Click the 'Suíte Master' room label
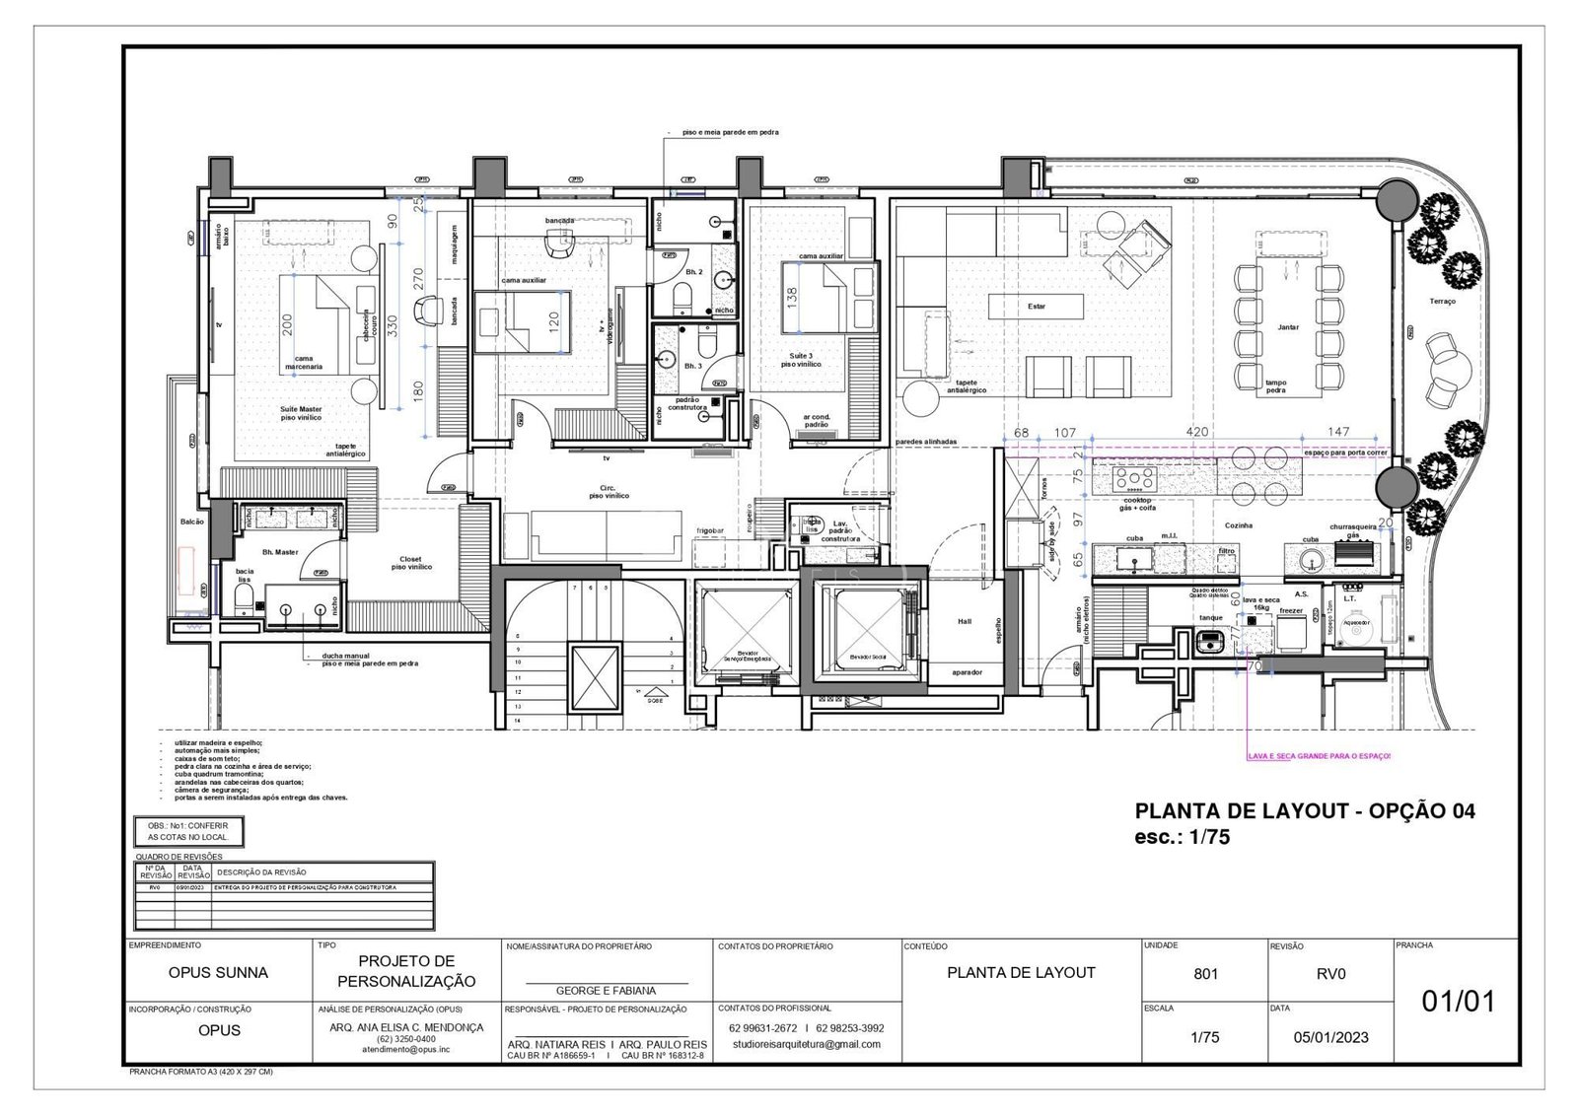click(x=301, y=409)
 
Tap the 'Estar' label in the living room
click(x=1037, y=307)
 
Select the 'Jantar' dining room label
click(x=1288, y=327)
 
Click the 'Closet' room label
click(x=411, y=558)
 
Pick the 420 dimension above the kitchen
click(x=1197, y=433)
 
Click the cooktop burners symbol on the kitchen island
click(x=1134, y=478)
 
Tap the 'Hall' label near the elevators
click(x=965, y=622)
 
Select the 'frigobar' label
click(x=710, y=531)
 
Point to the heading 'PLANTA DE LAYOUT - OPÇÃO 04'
click(x=1305, y=811)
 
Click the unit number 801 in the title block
click(x=1205, y=974)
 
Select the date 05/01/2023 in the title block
click(x=1330, y=1037)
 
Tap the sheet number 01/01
click(x=1458, y=1002)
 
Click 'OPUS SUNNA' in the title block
click(x=218, y=973)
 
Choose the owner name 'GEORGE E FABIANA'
click(x=607, y=991)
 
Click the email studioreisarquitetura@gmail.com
click(x=807, y=1044)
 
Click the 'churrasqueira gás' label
click(x=1352, y=530)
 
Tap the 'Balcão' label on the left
click(x=191, y=522)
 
